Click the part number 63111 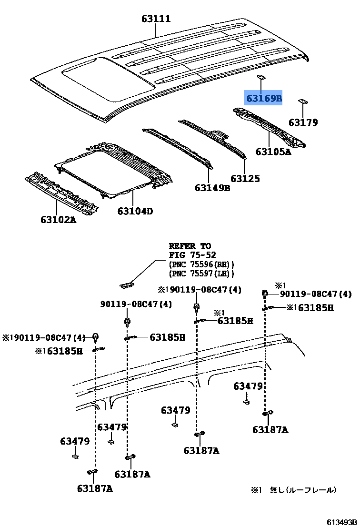coord(156,19)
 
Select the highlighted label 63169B coord(263,99)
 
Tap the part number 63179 coord(303,122)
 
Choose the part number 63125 coord(245,179)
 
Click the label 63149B coord(212,188)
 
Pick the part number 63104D coord(135,211)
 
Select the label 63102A coord(58,220)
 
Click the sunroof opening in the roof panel coord(109,78)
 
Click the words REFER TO coord(190,246)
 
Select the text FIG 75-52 coord(190,255)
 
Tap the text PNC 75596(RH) coord(201,264)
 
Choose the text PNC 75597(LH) coord(201,274)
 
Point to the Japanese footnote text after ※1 coord(303,490)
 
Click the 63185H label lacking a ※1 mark coord(167,337)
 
